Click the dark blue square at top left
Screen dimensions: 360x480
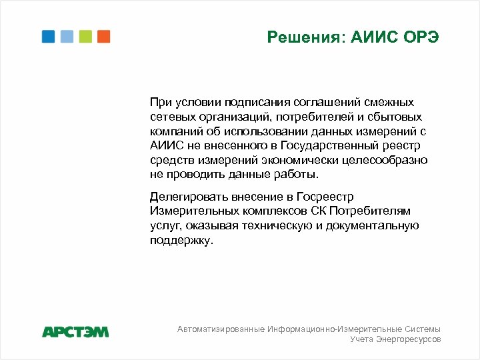pos(48,37)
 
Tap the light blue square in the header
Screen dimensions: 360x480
pos(67,37)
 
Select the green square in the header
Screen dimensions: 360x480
pos(85,37)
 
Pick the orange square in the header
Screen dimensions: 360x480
pos(103,37)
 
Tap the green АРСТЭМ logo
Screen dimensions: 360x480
pos(75,331)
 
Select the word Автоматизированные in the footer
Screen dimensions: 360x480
pos(220,329)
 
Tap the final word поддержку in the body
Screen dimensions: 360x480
pos(181,240)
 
